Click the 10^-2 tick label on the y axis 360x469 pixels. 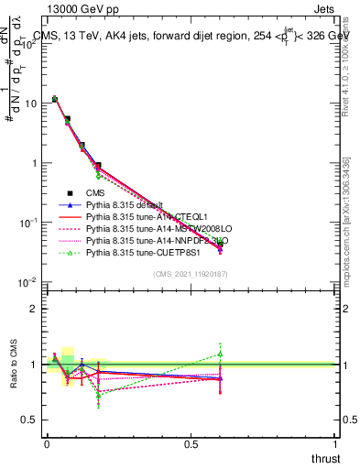(x=27, y=282)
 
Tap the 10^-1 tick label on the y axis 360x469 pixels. (x=27, y=223)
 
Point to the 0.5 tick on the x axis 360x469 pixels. (x=191, y=445)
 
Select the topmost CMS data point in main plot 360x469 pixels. (x=55, y=99)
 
